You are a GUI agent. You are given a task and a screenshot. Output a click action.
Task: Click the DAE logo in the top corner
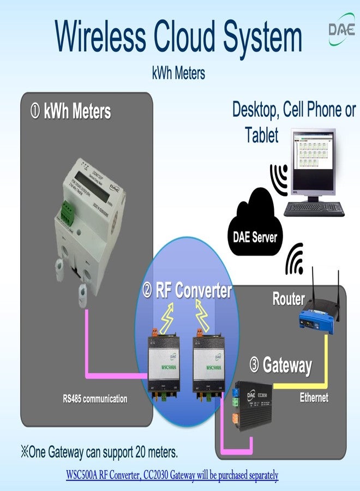(x=341, y=28)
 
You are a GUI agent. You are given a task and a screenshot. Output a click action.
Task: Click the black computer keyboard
(x=314, y=209)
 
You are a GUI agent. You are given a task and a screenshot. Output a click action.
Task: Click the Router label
(x=289, y=299)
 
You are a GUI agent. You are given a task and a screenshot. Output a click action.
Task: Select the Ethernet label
(x=314, y=397)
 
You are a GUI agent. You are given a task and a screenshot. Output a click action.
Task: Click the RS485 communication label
(x=95, y=399)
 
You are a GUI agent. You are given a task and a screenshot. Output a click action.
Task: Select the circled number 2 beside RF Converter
(x=147, y=291)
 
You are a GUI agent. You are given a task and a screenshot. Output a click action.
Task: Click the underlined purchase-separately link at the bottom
(x=172, y=475)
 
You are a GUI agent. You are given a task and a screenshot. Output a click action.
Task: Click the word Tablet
(x=262, y=134)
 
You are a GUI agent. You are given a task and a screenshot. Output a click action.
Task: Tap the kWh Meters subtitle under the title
(x=178, y=73)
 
